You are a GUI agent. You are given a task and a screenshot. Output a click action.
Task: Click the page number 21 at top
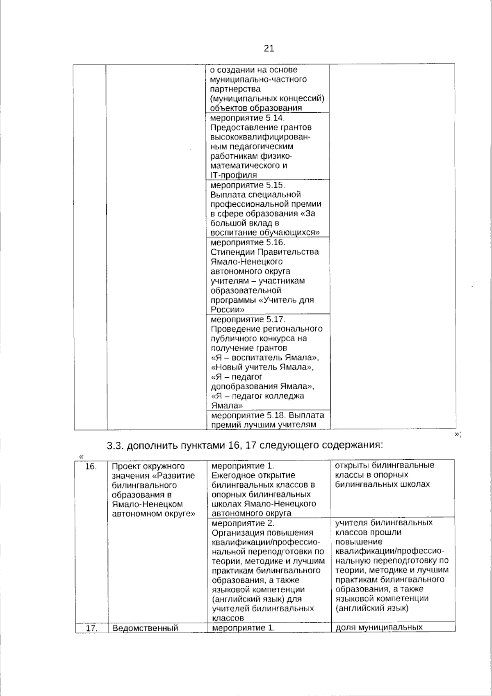[x=269, y=48]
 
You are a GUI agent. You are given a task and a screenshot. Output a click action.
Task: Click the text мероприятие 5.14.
[x=247, y=118]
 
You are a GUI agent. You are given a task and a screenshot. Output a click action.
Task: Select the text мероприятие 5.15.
[x=247, y=185]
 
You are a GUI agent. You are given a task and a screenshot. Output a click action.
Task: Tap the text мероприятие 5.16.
[x=247, y=242]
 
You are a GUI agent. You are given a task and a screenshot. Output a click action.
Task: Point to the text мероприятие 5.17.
[x=247, y=319]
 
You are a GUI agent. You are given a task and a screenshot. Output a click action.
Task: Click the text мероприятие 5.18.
[x=247, y=415]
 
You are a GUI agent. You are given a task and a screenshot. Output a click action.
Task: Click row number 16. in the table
[x=90, y=466]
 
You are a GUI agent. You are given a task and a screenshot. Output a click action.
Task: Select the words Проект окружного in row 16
[x=148, y=466]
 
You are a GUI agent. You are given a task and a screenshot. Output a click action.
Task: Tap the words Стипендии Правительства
[x=264, y=252]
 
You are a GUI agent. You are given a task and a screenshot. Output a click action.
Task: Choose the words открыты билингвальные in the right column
[x=385, y=466]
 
